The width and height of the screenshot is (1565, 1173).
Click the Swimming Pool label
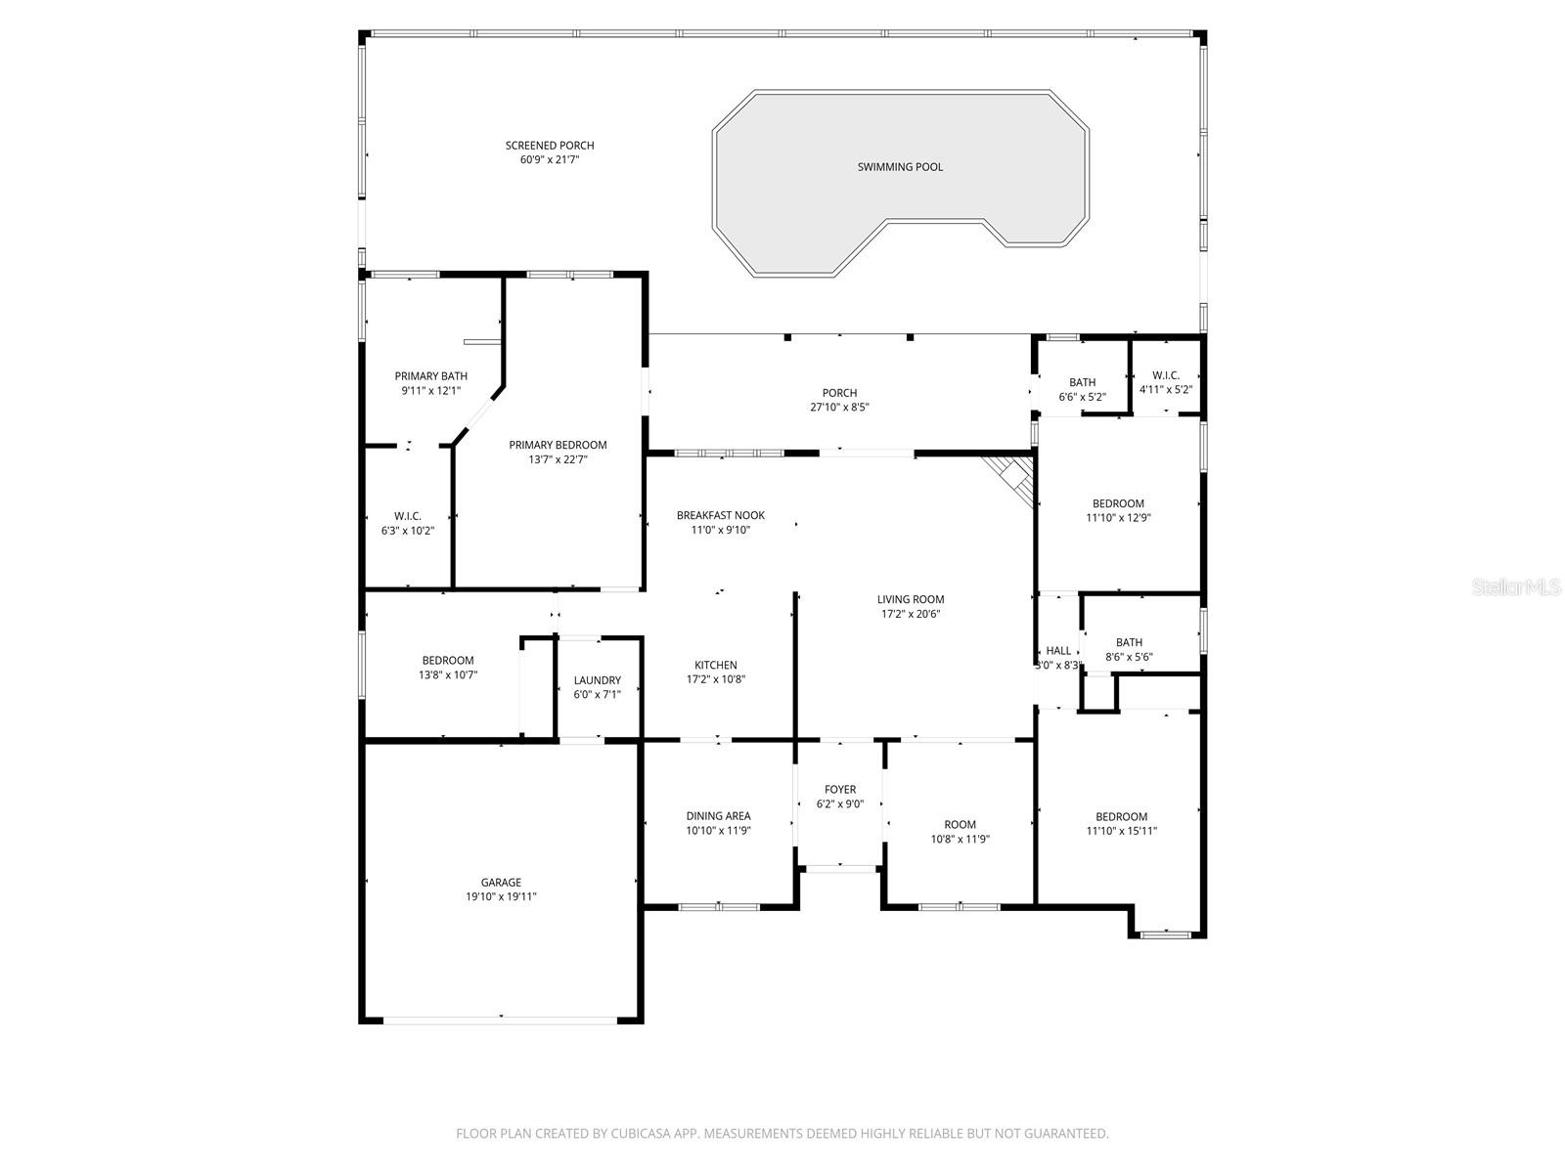900,167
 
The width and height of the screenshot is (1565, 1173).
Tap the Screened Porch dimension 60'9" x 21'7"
550,159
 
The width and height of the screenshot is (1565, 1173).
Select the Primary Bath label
431,376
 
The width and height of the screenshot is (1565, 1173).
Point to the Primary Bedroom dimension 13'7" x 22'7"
558,459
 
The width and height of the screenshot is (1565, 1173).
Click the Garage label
501,883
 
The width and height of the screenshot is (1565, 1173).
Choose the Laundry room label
597,680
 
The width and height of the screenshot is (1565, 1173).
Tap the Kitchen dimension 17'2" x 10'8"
716,679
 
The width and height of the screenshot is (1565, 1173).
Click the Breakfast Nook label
721,515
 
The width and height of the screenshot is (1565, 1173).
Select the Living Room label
911,599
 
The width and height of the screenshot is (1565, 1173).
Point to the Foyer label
840,790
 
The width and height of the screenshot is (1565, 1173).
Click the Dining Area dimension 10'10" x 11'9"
718,831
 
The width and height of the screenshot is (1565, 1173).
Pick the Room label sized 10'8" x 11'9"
960,824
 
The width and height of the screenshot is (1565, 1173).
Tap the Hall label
1058,651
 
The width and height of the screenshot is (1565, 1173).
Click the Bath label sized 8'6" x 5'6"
1129,642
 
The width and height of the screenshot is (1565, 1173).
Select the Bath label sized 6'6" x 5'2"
1082,382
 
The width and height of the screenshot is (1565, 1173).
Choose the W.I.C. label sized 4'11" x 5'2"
1166,375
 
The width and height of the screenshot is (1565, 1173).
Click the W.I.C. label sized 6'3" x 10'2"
408,516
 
